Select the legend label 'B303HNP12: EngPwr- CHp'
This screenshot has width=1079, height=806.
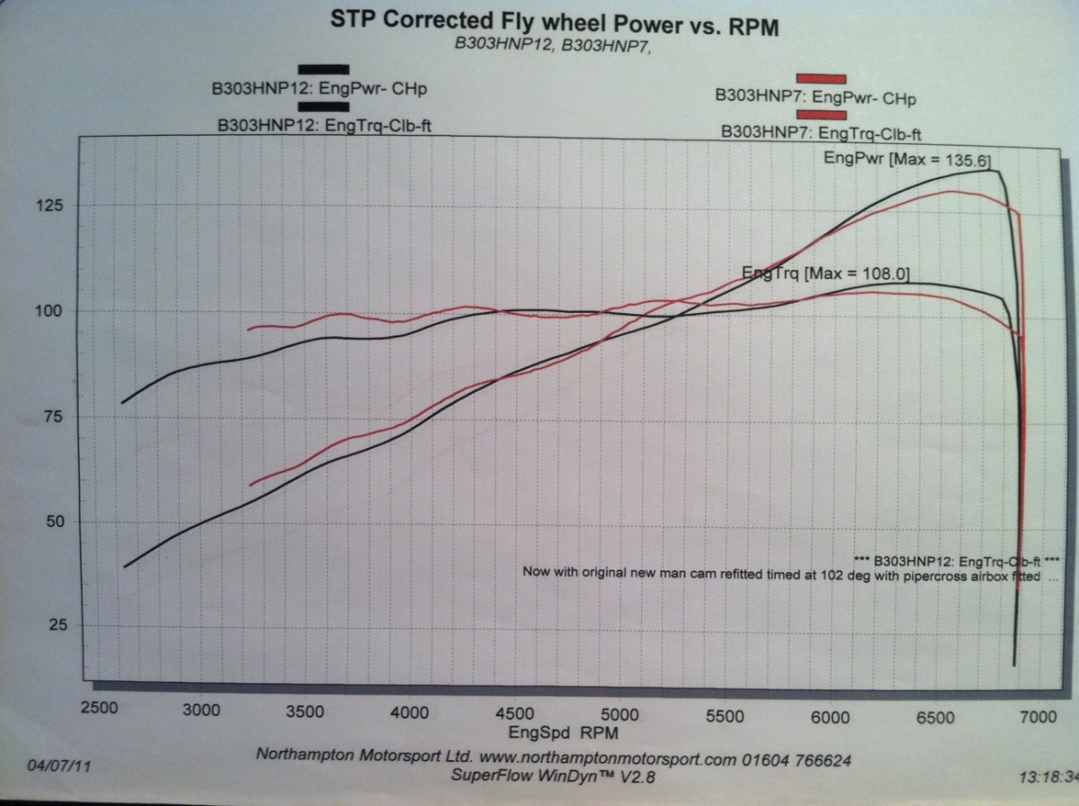click(x=319, y=89)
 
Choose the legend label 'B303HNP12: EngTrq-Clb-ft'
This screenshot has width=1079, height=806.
click(x=325, y=125)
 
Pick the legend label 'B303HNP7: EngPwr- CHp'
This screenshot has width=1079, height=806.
click(x=815, y=96)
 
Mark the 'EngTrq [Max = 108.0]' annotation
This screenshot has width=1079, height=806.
click(x=828, y=272)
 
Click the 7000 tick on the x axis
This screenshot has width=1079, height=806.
click(x=1038, y=717)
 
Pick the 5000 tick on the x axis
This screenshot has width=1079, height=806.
click(x=620, y=715)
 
